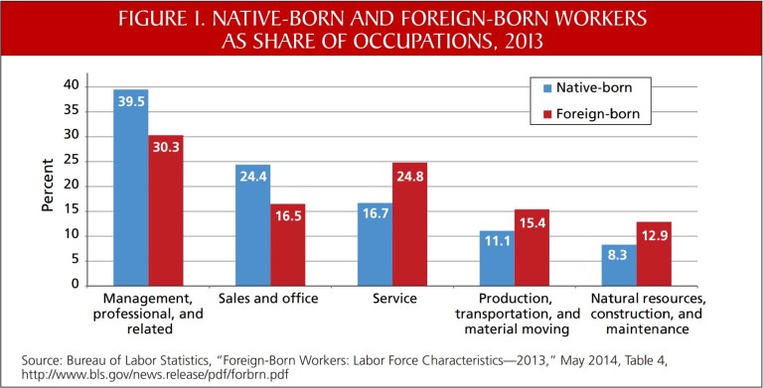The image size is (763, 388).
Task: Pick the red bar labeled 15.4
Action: [x=532, y=247]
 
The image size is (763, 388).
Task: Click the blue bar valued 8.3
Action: [x=619, y=264]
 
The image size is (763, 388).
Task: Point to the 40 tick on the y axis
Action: [x=70, y=85]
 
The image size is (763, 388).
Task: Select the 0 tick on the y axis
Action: [x=74, y=285]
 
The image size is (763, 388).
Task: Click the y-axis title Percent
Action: [x=48, y=186]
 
